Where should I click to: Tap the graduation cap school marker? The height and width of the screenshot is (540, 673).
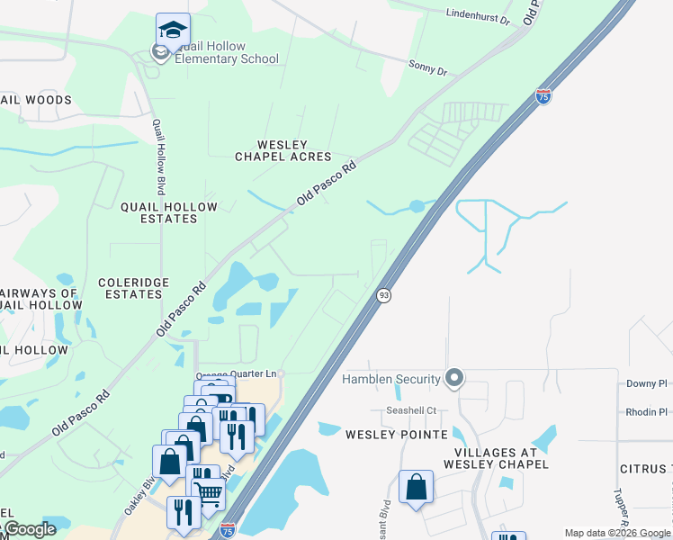tap(172, 30)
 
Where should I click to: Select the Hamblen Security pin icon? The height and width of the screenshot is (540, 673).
tap(454, 379)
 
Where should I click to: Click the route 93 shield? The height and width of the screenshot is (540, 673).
tap(383, 296)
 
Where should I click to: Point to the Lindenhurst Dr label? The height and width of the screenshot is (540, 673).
tap(477, 16)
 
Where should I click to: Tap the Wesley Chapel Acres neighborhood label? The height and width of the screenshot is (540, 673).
tap(271, 150)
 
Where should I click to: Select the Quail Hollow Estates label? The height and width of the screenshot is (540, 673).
tap(169, 213)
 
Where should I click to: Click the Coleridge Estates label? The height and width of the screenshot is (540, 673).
tap(133, 288)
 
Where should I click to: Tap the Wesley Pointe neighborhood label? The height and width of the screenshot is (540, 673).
tap(397, 435)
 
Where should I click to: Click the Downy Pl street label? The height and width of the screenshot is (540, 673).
tap(646, 383)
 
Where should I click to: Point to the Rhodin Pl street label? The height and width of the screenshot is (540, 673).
tap(646, 412)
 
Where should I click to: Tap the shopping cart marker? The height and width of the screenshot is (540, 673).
tap(209, 491)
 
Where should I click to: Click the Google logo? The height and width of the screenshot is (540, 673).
tap(29, 530)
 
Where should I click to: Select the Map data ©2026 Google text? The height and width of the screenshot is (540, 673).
tap(616, 533)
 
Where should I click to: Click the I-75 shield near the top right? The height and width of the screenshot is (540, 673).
tap(543, 95)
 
